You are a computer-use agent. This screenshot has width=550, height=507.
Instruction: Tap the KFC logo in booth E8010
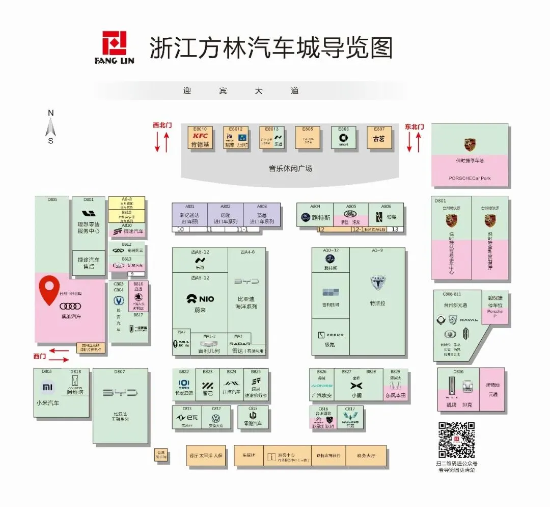(200, 136)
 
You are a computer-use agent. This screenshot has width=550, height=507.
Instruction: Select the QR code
(456, 440)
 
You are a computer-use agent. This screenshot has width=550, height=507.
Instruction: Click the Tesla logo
(377, 283)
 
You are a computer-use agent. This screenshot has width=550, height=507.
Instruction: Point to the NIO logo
(200, 299)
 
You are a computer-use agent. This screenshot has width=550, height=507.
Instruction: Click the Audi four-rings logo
(70, 306)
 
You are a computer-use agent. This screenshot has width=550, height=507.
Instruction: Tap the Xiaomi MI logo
(47, 388)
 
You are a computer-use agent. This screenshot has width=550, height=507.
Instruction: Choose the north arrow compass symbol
(50, 126)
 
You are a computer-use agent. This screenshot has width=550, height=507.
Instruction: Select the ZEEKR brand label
(331, 335)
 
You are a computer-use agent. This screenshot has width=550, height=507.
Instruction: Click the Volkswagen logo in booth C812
(216, 418)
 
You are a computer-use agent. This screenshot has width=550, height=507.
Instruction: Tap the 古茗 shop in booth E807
(378, 138)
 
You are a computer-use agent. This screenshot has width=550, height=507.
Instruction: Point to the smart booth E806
(343, 138)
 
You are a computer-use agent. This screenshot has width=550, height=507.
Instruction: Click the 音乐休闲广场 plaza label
(290, 168)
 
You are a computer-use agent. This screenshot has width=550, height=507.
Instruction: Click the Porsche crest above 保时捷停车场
(470, 144)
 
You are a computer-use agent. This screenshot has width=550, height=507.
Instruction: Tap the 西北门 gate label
(162, 124)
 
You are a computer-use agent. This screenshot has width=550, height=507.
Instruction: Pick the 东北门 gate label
(414, 126)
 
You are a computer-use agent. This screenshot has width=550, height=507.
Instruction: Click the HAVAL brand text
(469, 320)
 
